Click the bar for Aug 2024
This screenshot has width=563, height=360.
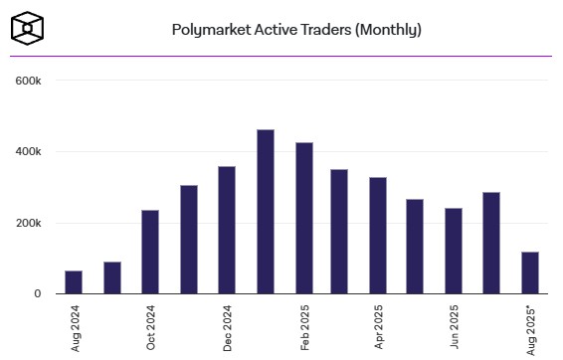click(x=74, y=282)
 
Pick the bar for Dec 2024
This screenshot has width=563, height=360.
click(x=227, y=230)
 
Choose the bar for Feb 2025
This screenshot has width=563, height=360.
click(x=303, y=219)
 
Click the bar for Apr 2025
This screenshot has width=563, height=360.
click(x=378, y=236)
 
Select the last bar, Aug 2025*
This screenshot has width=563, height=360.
click(x=530, y=272)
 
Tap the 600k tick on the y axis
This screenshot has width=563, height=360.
click(x=27, y=81)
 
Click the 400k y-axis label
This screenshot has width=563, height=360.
click(x=27, y=152)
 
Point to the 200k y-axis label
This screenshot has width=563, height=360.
click(x=27, y=223)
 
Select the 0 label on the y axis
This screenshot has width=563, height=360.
click(x=37, y=294)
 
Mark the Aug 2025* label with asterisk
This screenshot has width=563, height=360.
click(x=530, y=327)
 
